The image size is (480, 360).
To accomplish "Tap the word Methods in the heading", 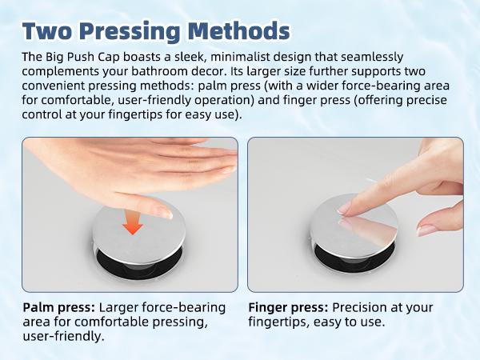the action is [238, 31].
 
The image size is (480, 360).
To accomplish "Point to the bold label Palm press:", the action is [58, 307].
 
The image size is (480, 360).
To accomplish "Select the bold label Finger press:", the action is [288, 307].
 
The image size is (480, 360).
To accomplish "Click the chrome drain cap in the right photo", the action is [354, 226].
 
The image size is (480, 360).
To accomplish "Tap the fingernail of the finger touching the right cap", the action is [343, 209].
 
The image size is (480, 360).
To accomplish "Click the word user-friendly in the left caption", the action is [62, 337].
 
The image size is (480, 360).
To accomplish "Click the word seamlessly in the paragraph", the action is [372, 57].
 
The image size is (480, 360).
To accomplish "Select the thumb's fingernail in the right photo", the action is [426, 230].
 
